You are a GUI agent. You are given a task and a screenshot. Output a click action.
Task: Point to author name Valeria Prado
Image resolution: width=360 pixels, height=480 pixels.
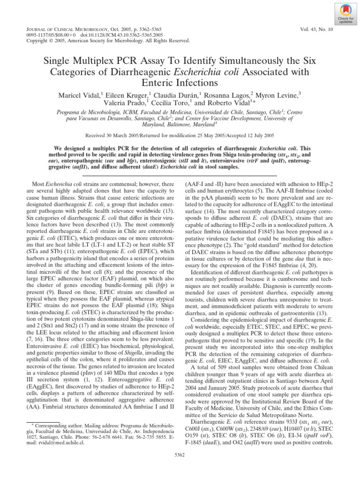tap(123, 104)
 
